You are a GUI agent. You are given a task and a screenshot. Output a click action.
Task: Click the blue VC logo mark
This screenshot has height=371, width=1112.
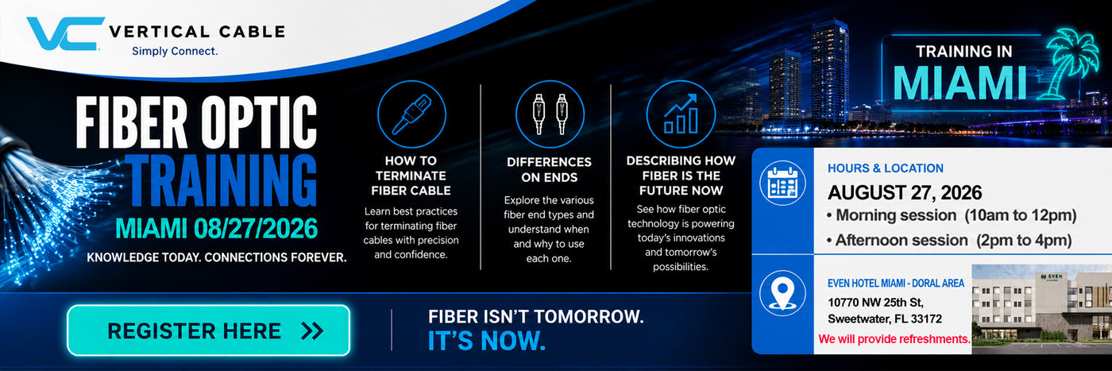pyautogui.click(x=64, y=34)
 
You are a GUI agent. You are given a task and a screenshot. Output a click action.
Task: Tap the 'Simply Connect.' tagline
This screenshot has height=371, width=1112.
pyautogui.click(x=175, y=51)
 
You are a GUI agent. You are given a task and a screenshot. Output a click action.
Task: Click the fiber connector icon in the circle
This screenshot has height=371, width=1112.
pyautogui.click(x=411, y=114)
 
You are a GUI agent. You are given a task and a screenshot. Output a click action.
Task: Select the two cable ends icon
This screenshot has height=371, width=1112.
pyautogui.click(x=550, y=114)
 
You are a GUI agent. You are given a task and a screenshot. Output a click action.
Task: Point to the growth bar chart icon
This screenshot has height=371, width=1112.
pyautogui.click(x=681, y=114)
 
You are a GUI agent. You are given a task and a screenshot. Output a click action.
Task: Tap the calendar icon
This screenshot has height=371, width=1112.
pyautogui.click(x=782, y=183)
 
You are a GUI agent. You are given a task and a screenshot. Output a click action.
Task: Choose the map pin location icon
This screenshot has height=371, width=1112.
pyautogui.click(x=782, y=293)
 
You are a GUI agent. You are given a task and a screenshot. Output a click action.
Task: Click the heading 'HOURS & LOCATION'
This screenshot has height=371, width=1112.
pyautogui.click(x=885, y=168)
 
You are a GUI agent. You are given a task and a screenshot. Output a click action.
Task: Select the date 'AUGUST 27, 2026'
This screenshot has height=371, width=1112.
pyautogui.click(x=905, y=193)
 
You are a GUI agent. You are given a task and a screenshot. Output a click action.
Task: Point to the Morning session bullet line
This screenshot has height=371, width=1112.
pyautogui.click(x=952, y=215)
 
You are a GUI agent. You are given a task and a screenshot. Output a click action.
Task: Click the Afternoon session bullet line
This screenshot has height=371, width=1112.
pyautogui.click(x=948, y=241)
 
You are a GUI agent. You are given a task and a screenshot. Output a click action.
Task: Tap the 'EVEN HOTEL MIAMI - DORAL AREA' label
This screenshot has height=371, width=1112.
pyautogui.click(x=896, y=283)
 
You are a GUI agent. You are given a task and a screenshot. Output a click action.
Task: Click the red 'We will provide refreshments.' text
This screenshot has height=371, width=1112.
pyautogui.click(x=894, y=339)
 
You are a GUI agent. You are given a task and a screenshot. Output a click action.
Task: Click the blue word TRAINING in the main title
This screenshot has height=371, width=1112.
pyautogui.click(x=221, y=180)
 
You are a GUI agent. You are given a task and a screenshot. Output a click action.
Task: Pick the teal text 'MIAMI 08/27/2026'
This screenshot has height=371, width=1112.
pyautogui.click(x=216, y=229)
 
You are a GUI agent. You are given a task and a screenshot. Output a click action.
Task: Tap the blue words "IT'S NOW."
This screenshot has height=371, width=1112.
pyautogui.click(x=486, y=341)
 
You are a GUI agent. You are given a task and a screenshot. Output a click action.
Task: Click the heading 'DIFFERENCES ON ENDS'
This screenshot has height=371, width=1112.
pyautogui.click(x=549, y=170)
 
